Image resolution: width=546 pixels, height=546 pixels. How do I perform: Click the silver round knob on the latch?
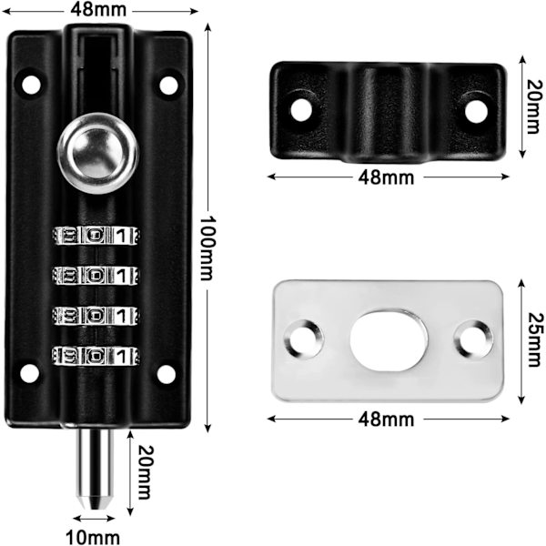pos(98,154)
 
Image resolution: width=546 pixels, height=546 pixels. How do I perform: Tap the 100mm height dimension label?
pos(207,248)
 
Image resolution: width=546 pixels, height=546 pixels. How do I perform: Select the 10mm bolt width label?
pos(93,537)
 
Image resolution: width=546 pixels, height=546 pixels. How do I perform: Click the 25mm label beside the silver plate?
pos(536,339)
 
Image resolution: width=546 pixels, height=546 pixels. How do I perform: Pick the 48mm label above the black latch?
pos(98,10)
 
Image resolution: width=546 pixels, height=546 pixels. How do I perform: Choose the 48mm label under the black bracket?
pos(386,177)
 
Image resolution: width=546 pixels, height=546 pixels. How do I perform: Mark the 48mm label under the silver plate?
pos(386,420)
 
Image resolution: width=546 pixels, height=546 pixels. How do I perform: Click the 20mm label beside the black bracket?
pos(535,106)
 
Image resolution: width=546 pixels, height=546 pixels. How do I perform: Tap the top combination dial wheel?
pos(96,236)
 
